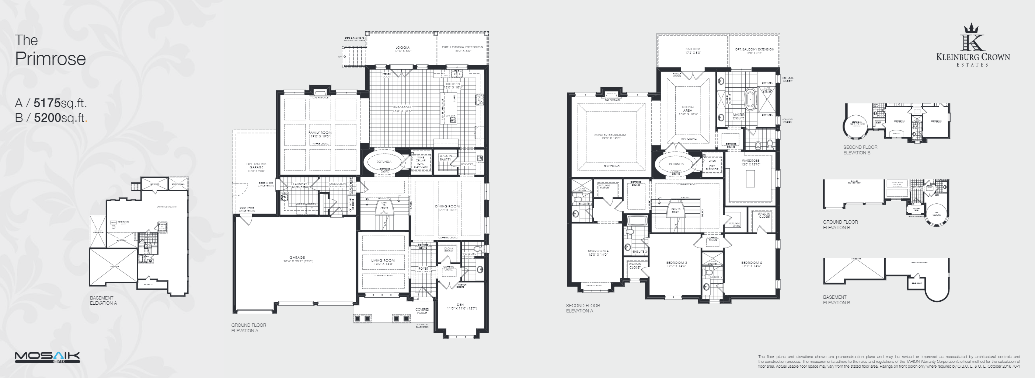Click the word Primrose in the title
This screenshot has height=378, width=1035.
tap(50, 59)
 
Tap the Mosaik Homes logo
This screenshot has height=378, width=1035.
tap(47, 357)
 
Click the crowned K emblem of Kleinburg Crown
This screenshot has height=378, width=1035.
tap(972, 37)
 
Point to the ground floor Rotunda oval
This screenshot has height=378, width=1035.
tap(384, 162)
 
